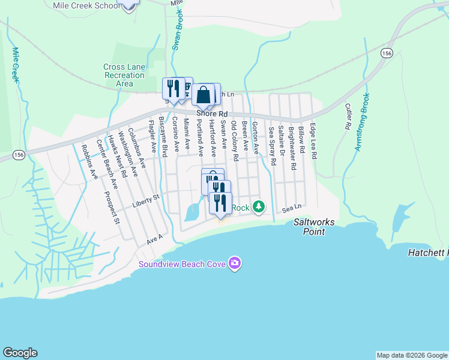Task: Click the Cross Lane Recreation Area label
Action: (x=124, y=76)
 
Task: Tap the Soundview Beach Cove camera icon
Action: (x=235, y=263)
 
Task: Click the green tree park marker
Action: (x=259, y=207)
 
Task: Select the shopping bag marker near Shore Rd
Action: (x=203, y=95)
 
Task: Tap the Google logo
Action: (x=20, y=353)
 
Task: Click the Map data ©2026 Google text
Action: (x=412, y=355)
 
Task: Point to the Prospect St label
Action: (x=112, y=207)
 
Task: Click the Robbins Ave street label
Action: (x=89, y=161)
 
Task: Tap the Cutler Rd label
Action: (x=348, y=117)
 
